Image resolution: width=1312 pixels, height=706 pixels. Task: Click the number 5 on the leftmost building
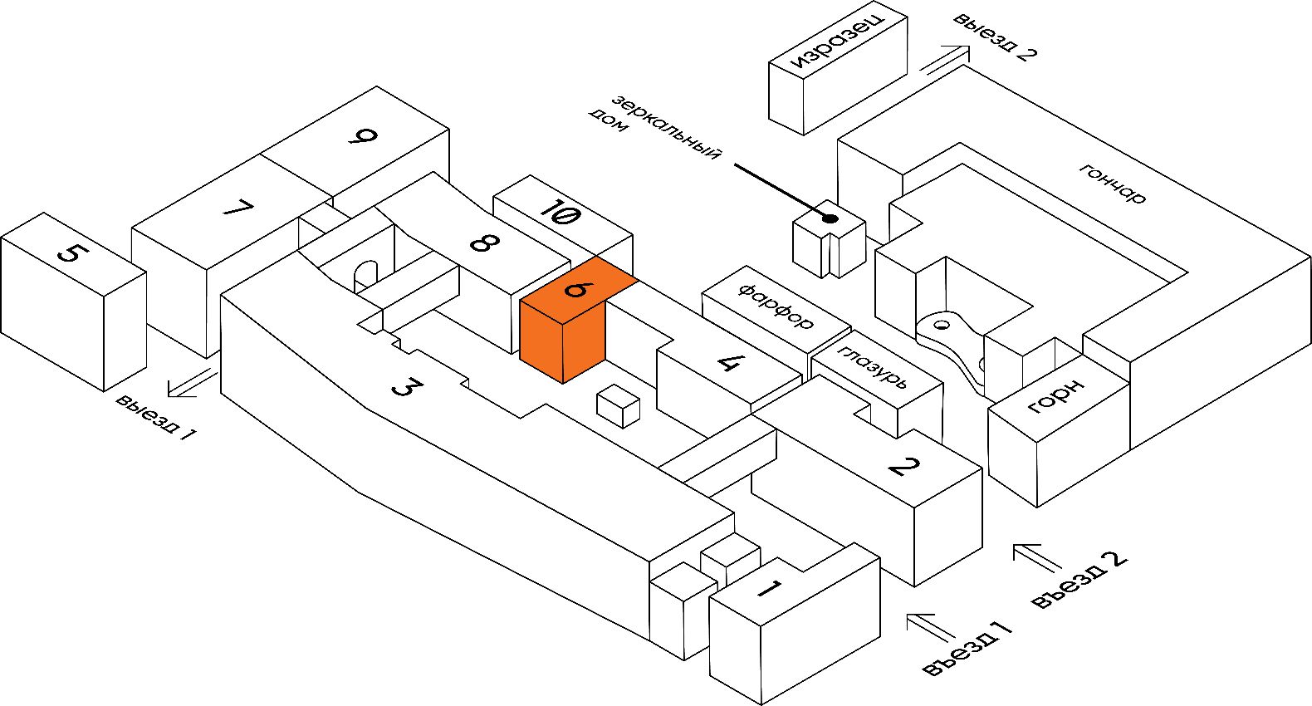coord(71,251)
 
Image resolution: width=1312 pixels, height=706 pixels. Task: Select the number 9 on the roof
coord(362,135)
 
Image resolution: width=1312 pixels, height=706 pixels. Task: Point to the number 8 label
coord(484,243)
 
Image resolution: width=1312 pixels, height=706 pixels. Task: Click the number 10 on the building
coord(561,211)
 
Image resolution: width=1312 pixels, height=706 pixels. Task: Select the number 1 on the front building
coord(768,590)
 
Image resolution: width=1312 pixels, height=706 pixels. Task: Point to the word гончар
coord(1113,184)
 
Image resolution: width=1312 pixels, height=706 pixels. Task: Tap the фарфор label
coord(776,306)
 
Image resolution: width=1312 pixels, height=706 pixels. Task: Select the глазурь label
coord(873,367)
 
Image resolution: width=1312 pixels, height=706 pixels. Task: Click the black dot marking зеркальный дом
coord(829,218)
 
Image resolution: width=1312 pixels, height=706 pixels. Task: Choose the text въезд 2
coord(1079,580)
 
